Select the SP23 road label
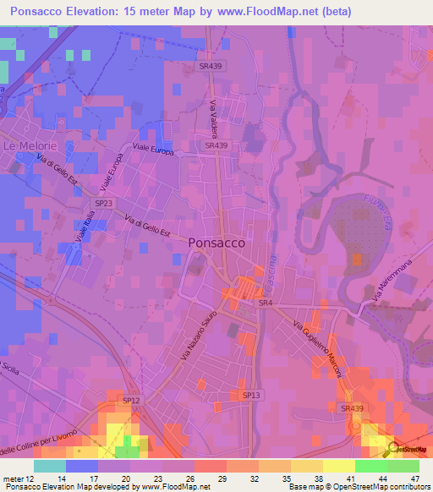pyautogui.click(x=104, y=204)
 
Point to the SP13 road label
pyautogui.click(x=251, y=395)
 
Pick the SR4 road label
pyautogui.click(x=266, y=302)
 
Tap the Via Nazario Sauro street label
pyautogui.click(x=194, y=337)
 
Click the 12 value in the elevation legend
pyautogui.click(x=30, y=478)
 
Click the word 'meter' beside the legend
pyautogui.click(x=13, y=478)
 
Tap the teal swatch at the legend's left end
pyautogui.click(x=49, y=466)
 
